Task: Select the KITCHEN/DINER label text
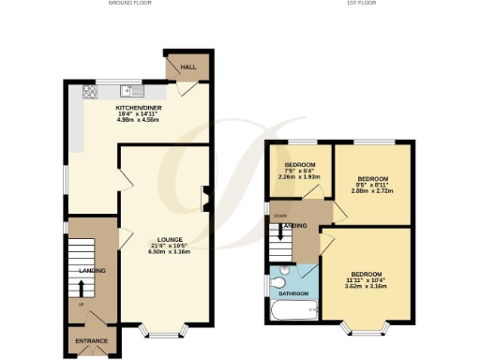pyautogui.click(x=134, y=108)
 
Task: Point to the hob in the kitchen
pyautogui.click(x=91, y=92)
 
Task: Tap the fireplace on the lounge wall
pyautogui.click(x=204, y=197)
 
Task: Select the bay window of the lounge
pyautogui.click(x=162, y=330)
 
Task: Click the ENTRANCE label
pyautogui.click(x=92, y=340)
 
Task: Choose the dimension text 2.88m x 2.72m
pyautogui.click(x=373, y=190)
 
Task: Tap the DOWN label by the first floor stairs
pyautogui.click(x=278, y=216)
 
